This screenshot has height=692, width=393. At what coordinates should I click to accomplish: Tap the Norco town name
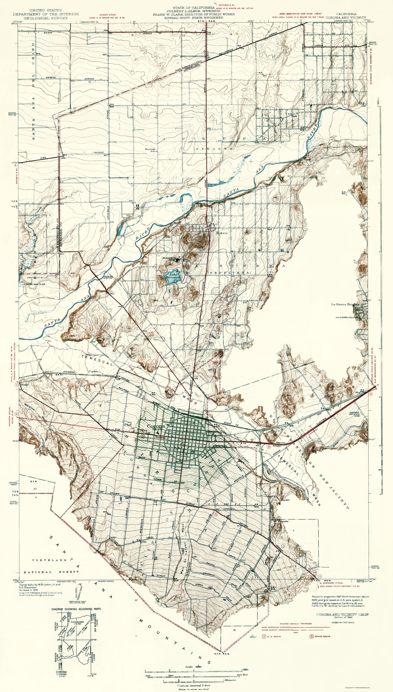pos(222,233)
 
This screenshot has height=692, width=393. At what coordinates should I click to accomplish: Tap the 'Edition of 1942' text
pos(343,617)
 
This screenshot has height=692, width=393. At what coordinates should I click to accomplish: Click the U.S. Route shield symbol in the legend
pos(264,636)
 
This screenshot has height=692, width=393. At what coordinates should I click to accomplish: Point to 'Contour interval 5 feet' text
pos(194,685)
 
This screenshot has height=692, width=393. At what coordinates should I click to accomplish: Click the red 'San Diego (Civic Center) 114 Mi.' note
pos(340,586)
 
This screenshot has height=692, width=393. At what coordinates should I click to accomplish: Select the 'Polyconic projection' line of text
pos(340,596)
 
